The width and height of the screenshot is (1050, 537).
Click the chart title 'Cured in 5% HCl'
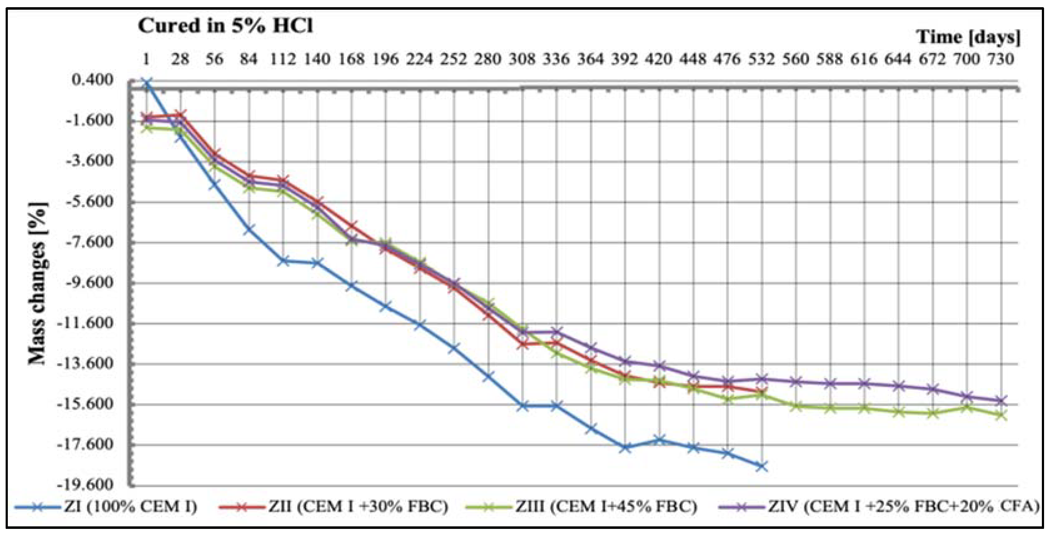click(225, 26)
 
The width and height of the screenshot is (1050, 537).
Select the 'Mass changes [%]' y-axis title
click(38, 283)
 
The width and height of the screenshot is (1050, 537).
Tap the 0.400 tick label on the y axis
click(93, 80)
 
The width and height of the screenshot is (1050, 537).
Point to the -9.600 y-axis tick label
click(88, 282)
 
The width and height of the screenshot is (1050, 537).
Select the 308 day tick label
click(522, 59)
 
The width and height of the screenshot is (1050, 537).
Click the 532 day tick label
click(761, 59)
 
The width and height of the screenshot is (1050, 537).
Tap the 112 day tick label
click(283, 59)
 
